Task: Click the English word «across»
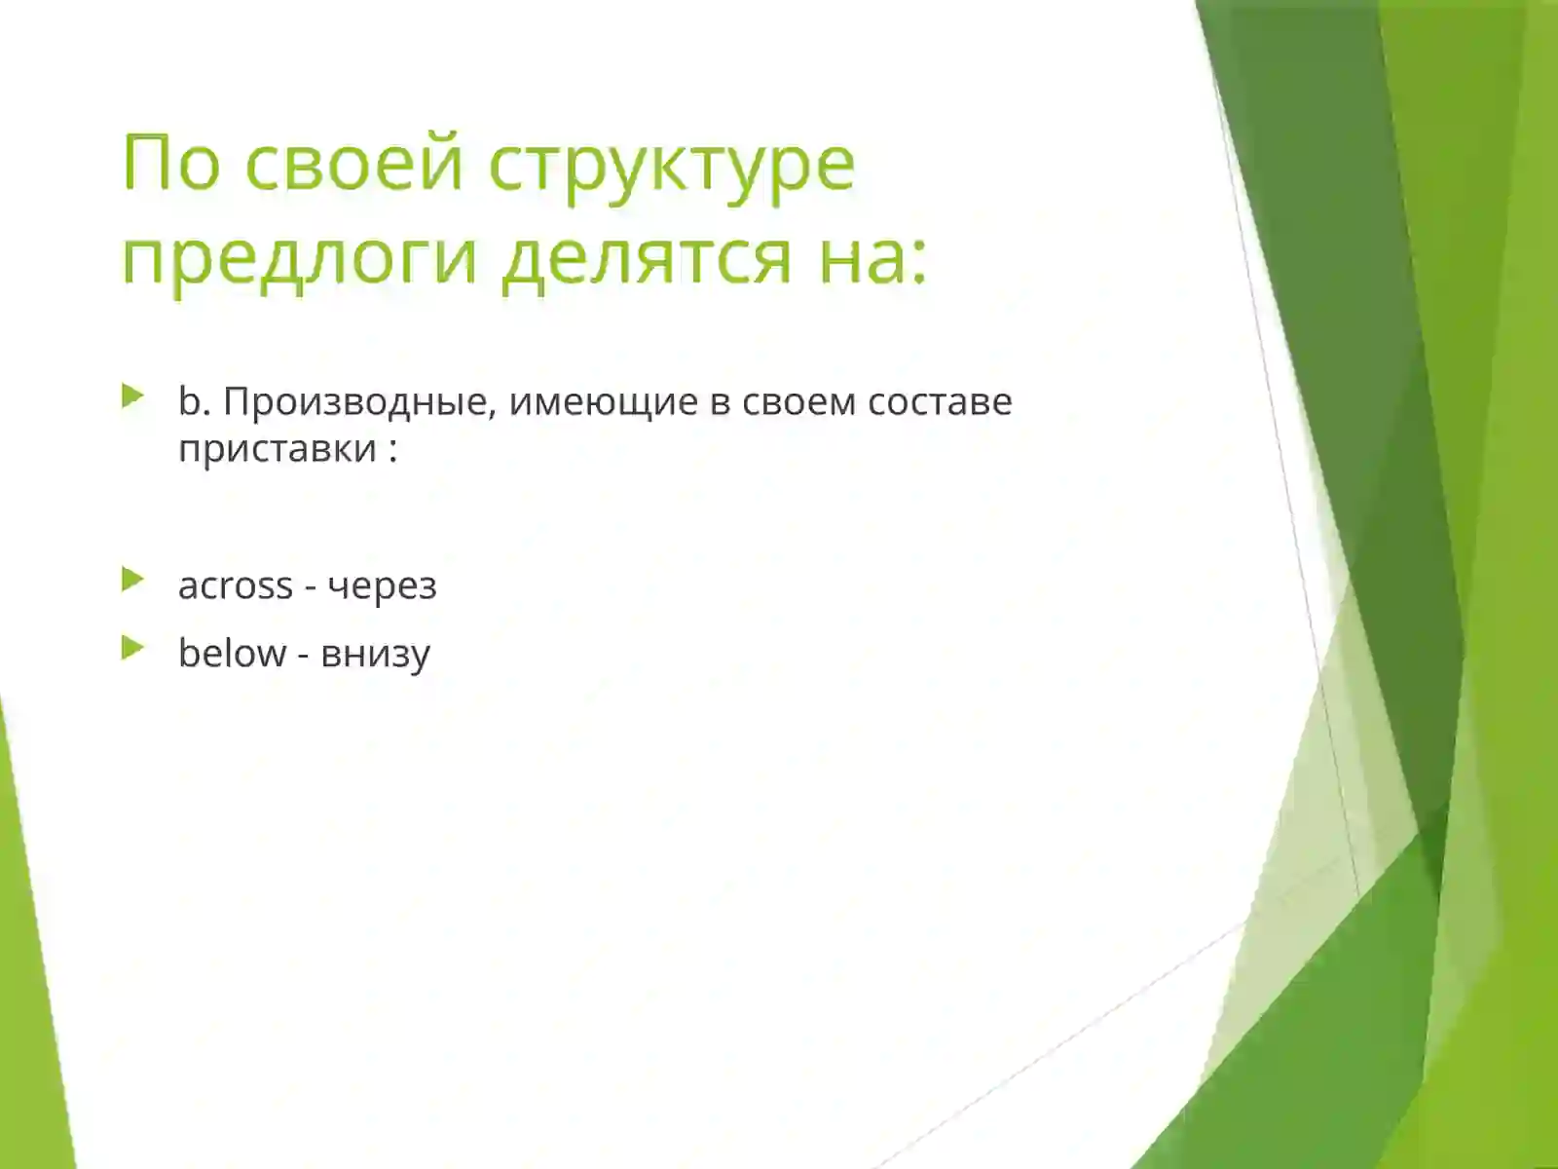tap(235, 585)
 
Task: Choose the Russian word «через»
tap(382, 586)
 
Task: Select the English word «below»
tap(232, 654)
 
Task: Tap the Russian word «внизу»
tap(375, 655)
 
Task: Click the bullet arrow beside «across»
tap(133, 581)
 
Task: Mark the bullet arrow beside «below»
tap(133, 649)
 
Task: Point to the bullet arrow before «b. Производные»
tap(133, 396)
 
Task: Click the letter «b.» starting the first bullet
tap(194, 401)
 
